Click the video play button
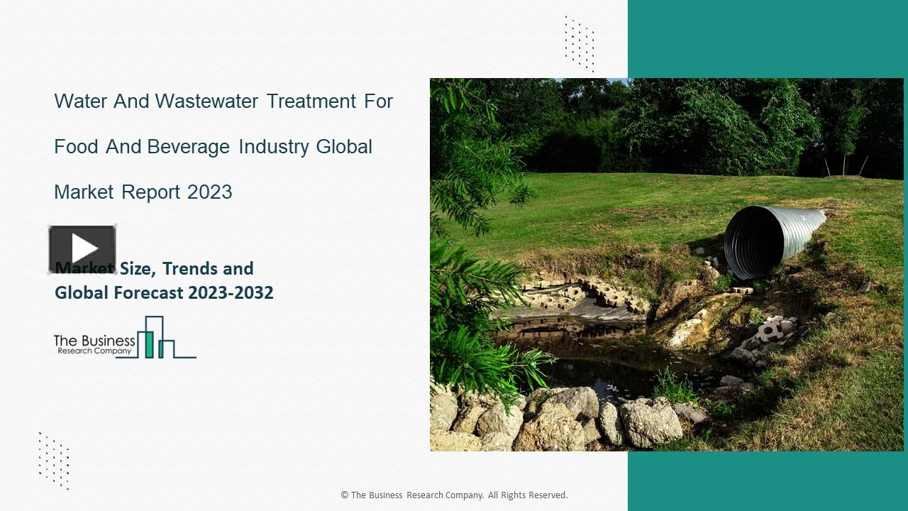(82, 249)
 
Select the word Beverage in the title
(189, 146)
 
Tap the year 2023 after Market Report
(210, 192)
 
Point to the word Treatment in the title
(311, 101)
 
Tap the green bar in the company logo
(149, 344)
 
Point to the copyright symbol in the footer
(345, 495)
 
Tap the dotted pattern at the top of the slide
(579, 43)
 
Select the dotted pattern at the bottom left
(54, 460)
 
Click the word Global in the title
(344, 146)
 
